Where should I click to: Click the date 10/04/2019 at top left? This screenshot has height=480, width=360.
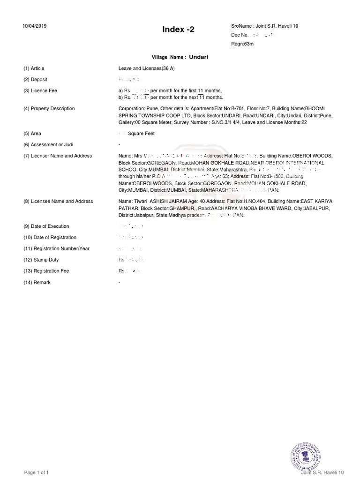pyautogui.click(x=35, y=26)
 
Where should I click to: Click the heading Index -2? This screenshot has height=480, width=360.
pyautogui.click(x=178, y=30)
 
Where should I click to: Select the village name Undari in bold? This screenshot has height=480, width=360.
pyautogui.click(x=198, y=57)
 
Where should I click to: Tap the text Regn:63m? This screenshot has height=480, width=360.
pyautogui.click(x=242, y=44)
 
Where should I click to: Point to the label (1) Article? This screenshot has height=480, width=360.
pyautogui.click(x=34, y=68)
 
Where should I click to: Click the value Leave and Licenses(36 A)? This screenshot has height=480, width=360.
pyautogui.click(x=147, y=68)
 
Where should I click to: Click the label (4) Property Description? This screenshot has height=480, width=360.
pyautogui.click(x=49, y=108)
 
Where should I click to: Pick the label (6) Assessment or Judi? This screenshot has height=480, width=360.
pyautogui.click(x=48, y=145)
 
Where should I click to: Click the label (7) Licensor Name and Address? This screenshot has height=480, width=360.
pyautogui.click(x=58, y=156)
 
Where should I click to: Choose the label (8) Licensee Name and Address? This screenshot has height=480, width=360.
pyautogui.click(x=58, y=201)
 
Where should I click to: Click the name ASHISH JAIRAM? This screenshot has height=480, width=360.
pyautogui.click(x=168, y=201)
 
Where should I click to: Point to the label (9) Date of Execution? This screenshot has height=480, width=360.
pyautogui.click(x=46, y=226)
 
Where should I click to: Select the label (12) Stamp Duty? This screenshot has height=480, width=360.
pyautogui.click(x=41, y=260)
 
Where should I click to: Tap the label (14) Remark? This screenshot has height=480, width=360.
pyautogui.click(x=37, y=283)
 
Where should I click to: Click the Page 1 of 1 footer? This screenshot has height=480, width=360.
pyautogui.click(x=37, y=472)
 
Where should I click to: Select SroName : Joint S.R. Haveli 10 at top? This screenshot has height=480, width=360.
pyautogui.click(x=264, y=26)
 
